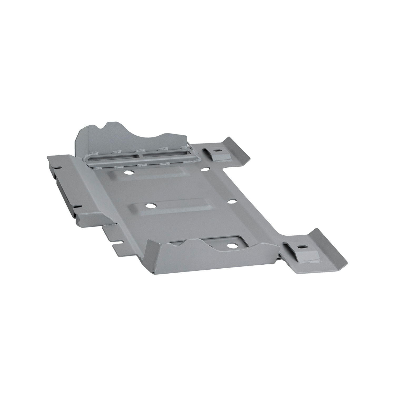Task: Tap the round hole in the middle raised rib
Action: [x=150, y=205]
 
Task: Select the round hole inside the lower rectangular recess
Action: [x=231, y=245]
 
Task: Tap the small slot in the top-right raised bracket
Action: [x=217, y=151]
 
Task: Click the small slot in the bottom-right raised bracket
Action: [x=302, y=247]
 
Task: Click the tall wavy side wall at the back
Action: [x=132, y=137]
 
